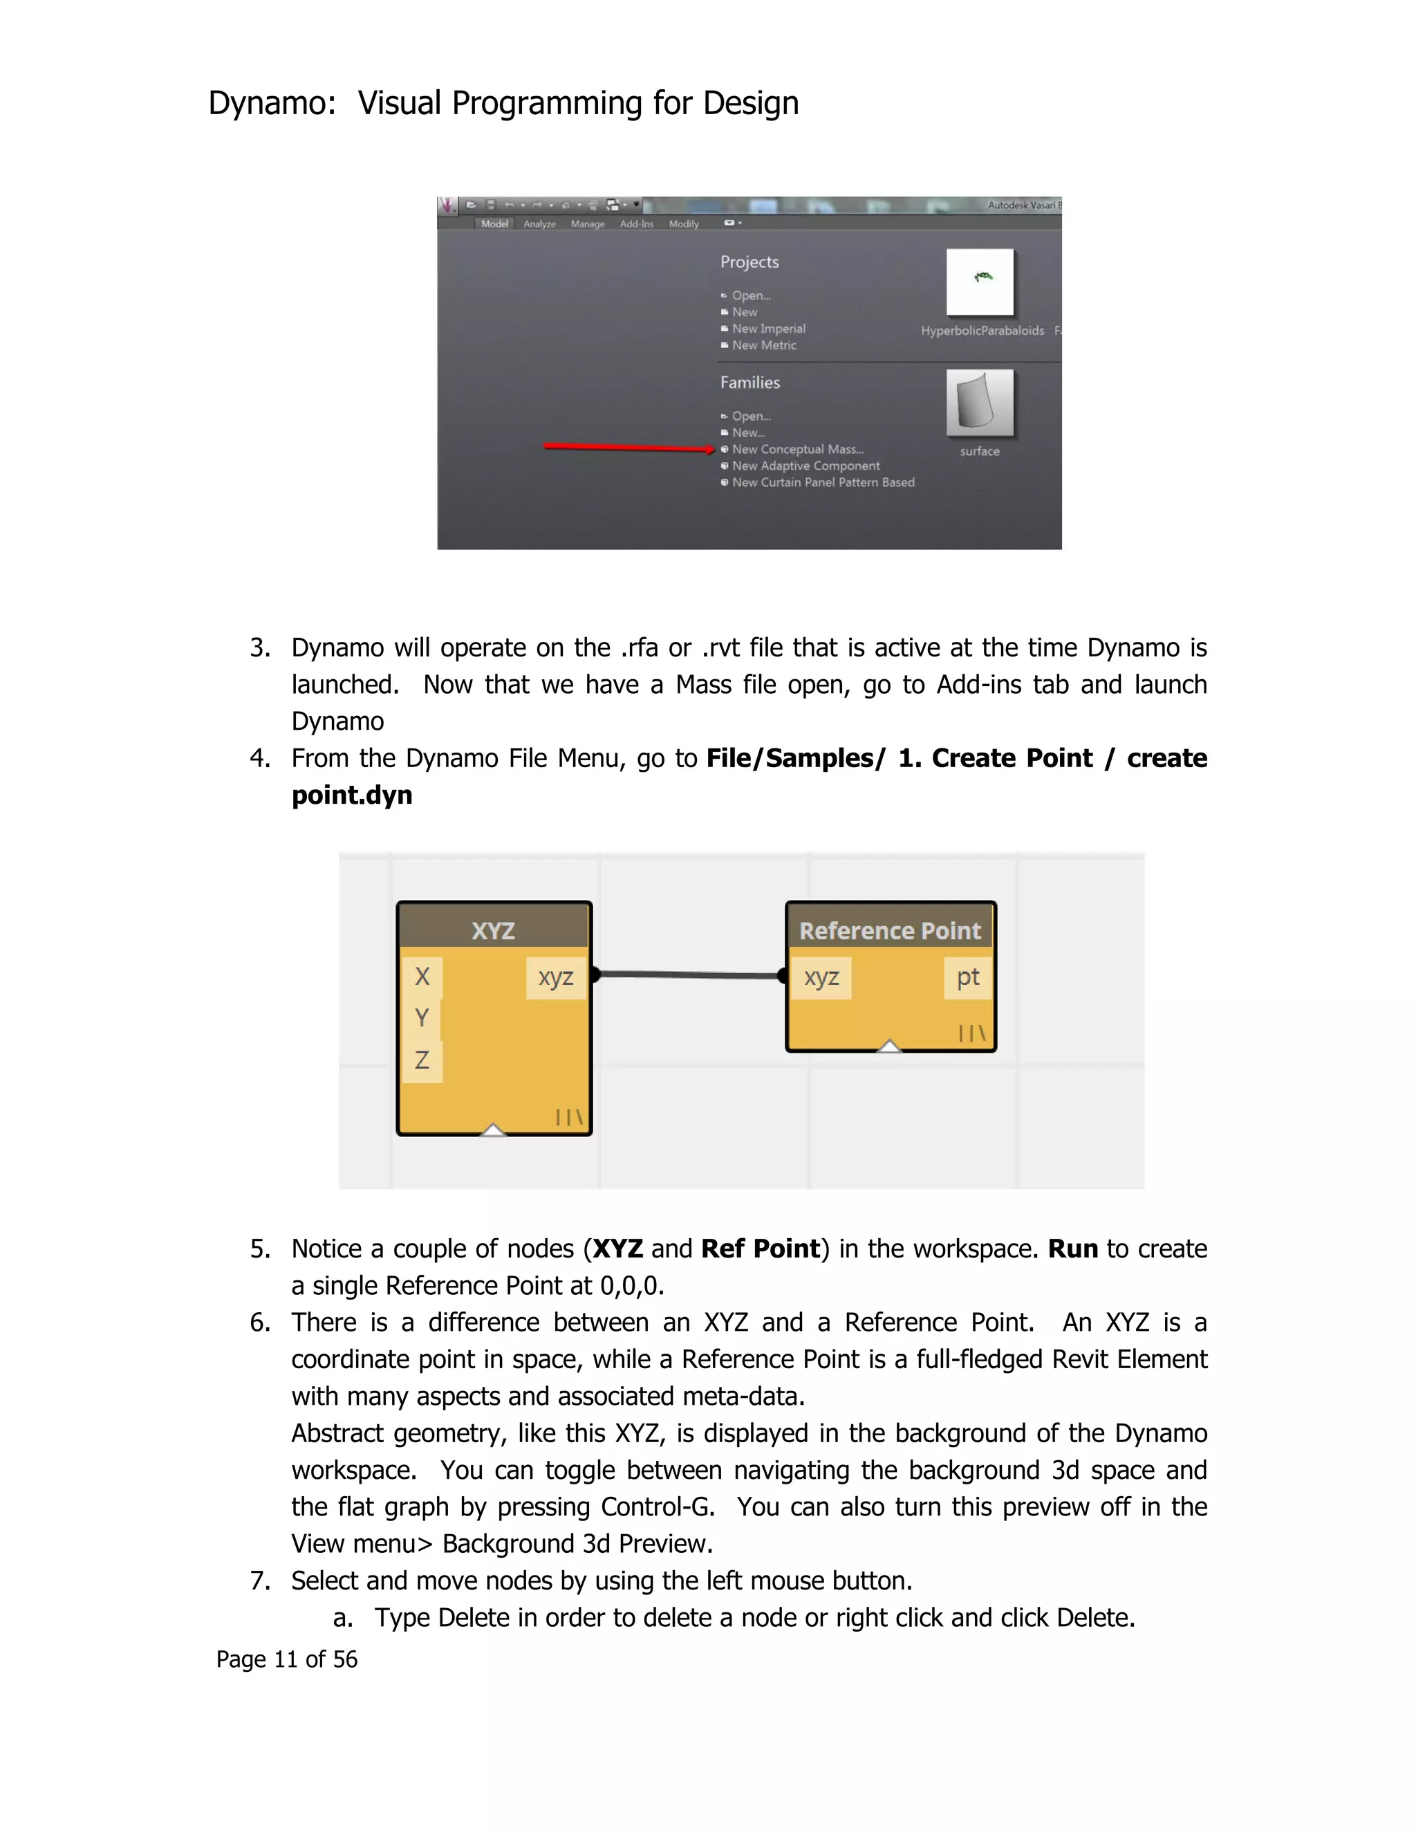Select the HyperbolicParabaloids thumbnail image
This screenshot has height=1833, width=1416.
coord(980,282)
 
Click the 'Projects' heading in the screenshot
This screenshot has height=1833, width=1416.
coord(749,262)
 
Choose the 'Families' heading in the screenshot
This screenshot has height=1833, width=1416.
coord(750,383)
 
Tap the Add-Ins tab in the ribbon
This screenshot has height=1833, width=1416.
coord(636,224)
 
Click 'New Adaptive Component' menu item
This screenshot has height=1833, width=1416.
coord(805,466)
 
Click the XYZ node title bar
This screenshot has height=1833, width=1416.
coord(493,930)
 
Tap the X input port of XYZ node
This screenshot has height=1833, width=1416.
coord(422,976)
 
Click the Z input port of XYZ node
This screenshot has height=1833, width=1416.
coord(422,1060)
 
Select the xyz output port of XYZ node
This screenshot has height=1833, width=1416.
coord(555,977)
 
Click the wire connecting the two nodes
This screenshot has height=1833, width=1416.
coord(688,975)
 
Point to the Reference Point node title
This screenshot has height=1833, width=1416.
coord(889,930)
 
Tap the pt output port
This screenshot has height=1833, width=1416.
coord(967,977)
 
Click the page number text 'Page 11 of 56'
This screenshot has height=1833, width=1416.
coord(287,1659)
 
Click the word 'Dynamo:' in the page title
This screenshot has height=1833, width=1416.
coord(272,103)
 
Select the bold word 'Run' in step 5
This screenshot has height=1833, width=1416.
coord(1072,1249)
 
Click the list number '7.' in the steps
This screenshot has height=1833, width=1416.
coord(260,1581)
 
